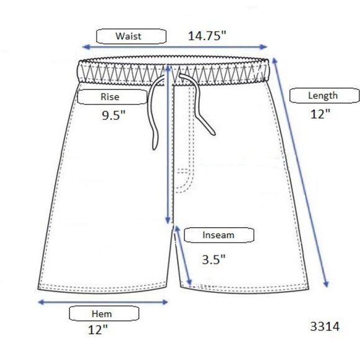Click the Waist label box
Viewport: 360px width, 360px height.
click(x=131, y=36)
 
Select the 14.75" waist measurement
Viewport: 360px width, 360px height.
click(x=207, y=36)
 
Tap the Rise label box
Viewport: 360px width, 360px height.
click(x=112, y=97)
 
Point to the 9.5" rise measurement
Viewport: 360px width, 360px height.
click(x=114, y=115)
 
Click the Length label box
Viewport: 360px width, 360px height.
click(x=324, y=96)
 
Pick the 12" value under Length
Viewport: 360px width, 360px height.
click(x=320, y=114)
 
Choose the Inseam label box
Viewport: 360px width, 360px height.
click(x=219, y=235)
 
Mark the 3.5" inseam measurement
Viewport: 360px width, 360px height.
click(x=214, y=259)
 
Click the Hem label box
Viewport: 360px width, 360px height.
click(x=104, y=313)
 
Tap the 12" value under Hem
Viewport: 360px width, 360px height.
click(x=98, y=330)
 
